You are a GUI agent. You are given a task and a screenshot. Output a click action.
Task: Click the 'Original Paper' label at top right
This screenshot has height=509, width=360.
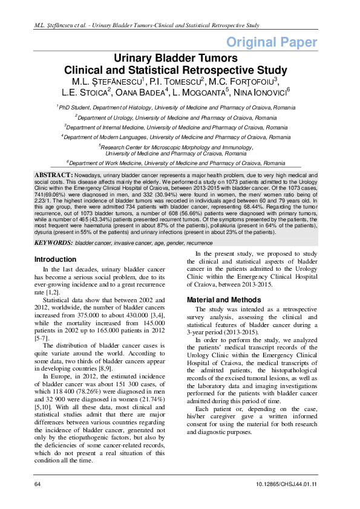272,42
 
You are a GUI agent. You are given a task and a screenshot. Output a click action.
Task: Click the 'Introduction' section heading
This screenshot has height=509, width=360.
56,242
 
